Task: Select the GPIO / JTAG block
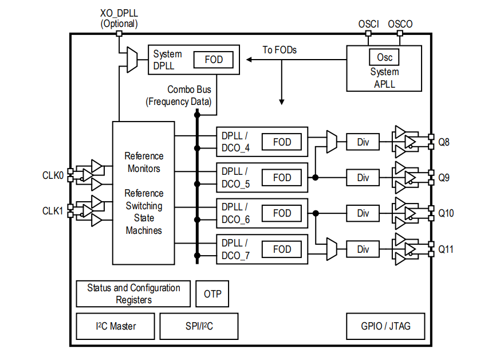(x=385, y=326)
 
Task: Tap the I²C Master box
(x=116, y=326)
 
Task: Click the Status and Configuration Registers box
(x=133, y=294)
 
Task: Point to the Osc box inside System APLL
(x=384, y=57)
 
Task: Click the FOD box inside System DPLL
(x=213, y=59)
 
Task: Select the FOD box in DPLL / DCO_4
(x=282, y=142)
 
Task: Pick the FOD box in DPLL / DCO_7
(x=282, y=249)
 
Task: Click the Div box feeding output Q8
(x=363, y=142)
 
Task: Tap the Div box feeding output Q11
(x=363, y=249)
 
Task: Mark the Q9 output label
(x=444, y=178)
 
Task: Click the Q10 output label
(x=446, y=213)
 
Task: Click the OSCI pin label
(x=368, y=24)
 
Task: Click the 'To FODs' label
(x=280, y=50)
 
